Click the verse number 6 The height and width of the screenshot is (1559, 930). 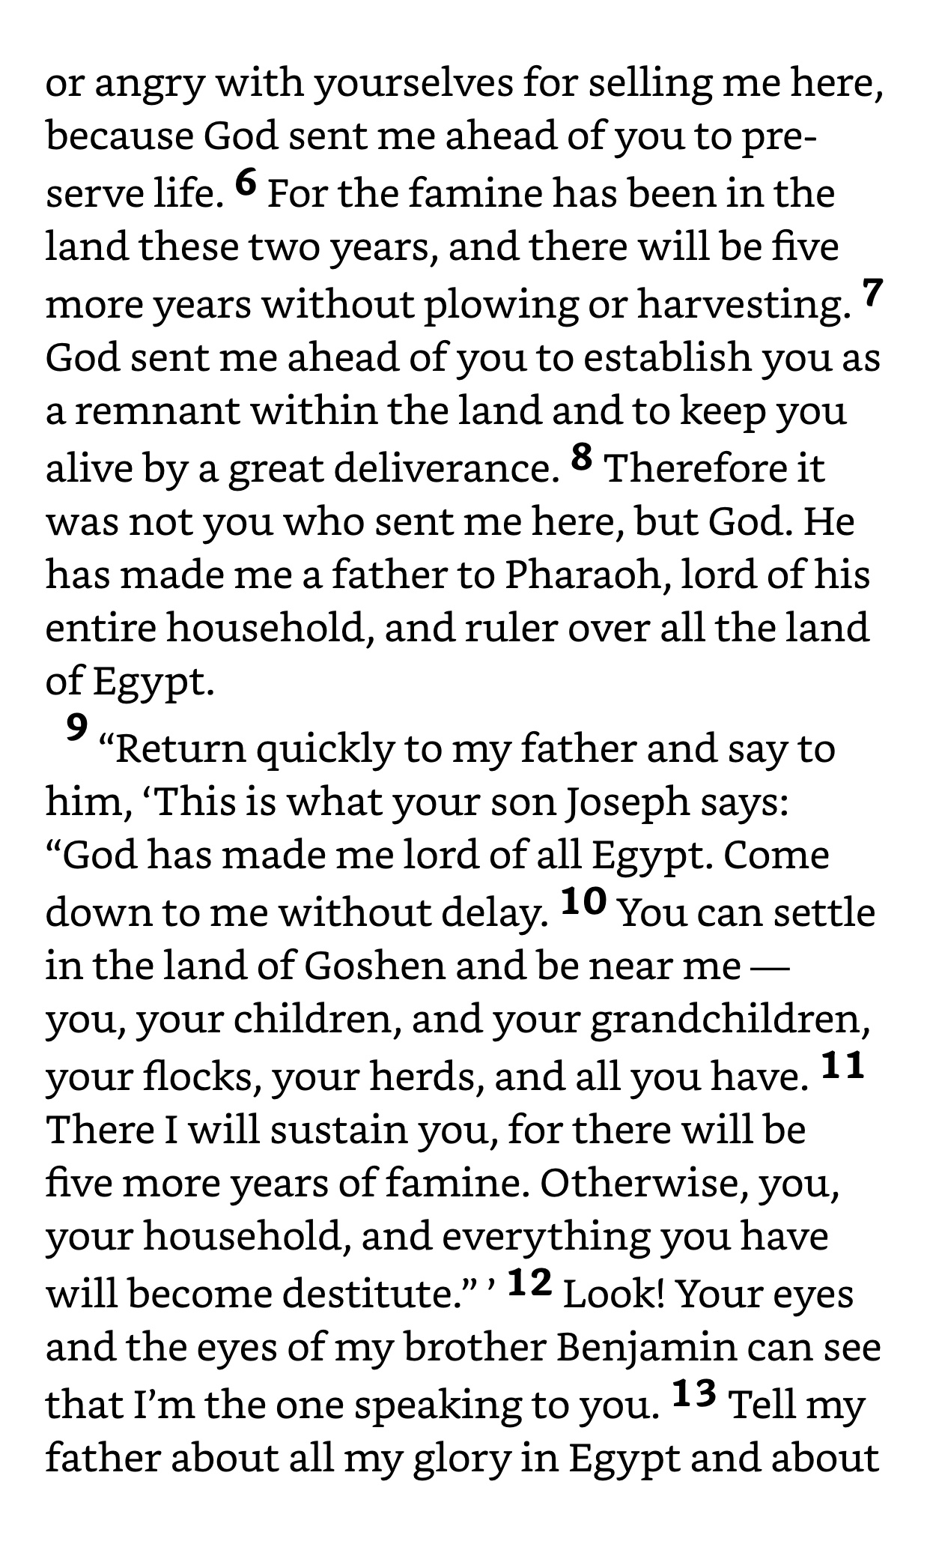pyautogui.click(x=246, y=182)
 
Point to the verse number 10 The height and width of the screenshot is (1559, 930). pyautogui.click(x=583, y=902)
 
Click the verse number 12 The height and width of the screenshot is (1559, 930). pyautogui.click(x=529, y=1283)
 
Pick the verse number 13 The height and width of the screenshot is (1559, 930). pyautogui.click(x=694, y=1393)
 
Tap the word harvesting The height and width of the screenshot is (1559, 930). pyautogui.click(x=744, y=304)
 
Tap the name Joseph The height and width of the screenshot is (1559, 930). pyautogui.click(x=627, y=802)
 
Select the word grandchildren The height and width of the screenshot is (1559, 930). pyautogui.click(x=730, y=1020)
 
